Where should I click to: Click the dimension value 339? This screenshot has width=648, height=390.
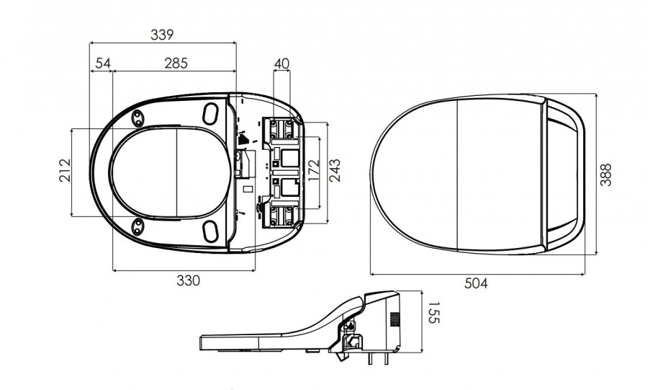coord(163,35)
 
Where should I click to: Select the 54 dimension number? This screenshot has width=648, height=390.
coord(102,63)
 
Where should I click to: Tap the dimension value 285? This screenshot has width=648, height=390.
coord(176,63)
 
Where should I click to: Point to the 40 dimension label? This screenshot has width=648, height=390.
coord(282,63)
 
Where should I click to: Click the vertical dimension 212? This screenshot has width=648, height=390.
coord(64,171)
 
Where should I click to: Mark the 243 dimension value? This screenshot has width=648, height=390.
coord(335,171)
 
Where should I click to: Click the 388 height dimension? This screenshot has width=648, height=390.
coord(607,174)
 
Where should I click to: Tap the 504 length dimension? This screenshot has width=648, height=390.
coord(475,283)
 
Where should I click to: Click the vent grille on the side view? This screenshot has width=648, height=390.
coord(394,319)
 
